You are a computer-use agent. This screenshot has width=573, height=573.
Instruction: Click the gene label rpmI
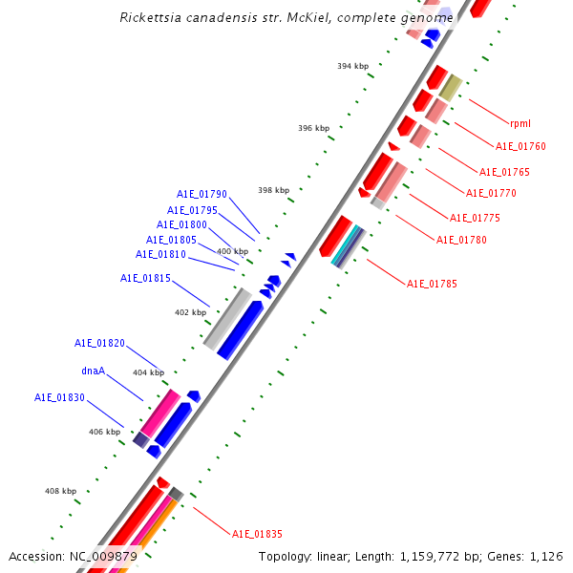pos(520,123)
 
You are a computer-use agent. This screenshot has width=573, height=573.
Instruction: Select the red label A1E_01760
pos(520,146)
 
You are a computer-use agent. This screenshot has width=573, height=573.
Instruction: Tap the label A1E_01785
pos(432,284)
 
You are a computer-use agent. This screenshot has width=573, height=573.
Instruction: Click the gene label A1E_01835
pos(257,534)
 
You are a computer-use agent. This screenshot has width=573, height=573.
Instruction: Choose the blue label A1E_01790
pos(202,194)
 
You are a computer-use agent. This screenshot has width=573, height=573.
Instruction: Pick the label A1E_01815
pos(145,278)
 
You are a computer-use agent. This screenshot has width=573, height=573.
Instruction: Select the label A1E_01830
pos(59,397)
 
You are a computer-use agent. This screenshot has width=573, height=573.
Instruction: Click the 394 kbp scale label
pos(352,66)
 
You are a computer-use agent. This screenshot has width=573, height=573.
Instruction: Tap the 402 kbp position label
pos(190,312)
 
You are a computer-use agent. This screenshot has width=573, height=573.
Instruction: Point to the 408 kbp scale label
pos(60,491)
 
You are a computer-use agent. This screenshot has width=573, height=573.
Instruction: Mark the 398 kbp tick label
pos(273,189)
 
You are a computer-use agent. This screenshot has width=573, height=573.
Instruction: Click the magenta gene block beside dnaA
pos(159,414)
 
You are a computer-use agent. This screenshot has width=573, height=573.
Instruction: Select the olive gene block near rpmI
pos(451,88)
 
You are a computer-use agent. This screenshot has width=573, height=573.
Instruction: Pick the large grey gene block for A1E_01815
pos(227,319)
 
